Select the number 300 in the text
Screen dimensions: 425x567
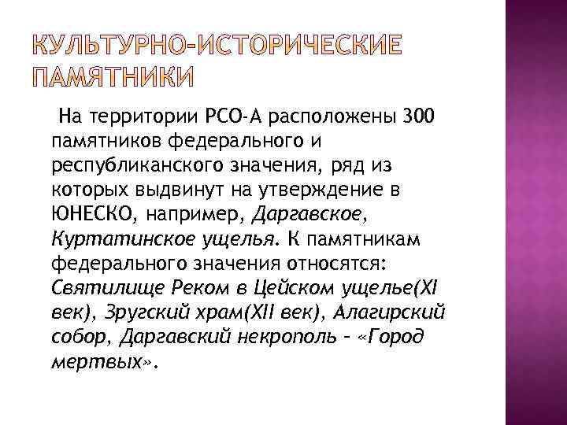tap(417, 119)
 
